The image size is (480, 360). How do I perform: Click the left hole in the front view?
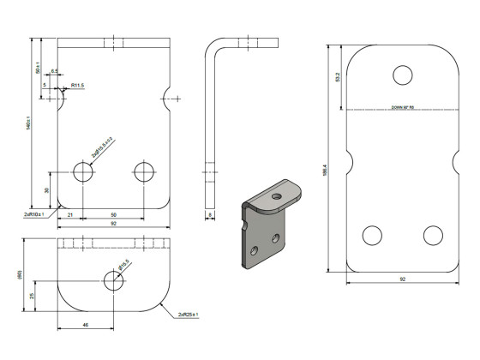[x=83, y=172]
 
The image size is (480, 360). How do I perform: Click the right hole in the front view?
[x=143, y=172]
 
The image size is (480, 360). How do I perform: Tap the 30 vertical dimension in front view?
[x=47, y=189]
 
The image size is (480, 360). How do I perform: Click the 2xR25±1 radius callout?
[x=188, y=315]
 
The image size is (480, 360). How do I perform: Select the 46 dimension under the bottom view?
[x=86, y=326]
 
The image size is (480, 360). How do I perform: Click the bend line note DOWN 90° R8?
[x=402, y=108]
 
